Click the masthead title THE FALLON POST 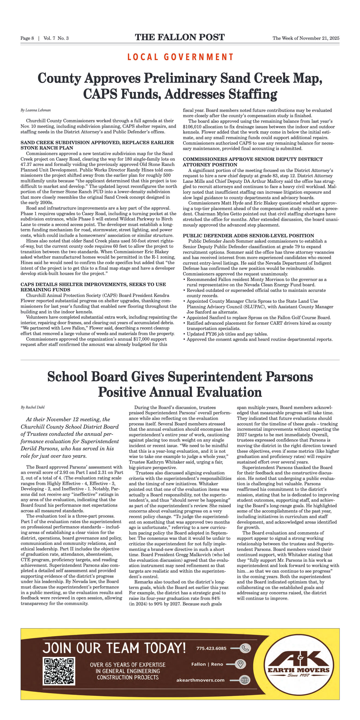click(x=180, y=37)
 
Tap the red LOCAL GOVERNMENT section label click(x=180, y=57)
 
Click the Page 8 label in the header click(x=27, y=38)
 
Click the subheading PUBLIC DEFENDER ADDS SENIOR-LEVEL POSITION click(x=248, y=236)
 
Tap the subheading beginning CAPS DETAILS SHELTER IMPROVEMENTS click(x=93, y=284)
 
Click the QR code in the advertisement click(x=59, y=671)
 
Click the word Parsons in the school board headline click(x=289, y=377)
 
